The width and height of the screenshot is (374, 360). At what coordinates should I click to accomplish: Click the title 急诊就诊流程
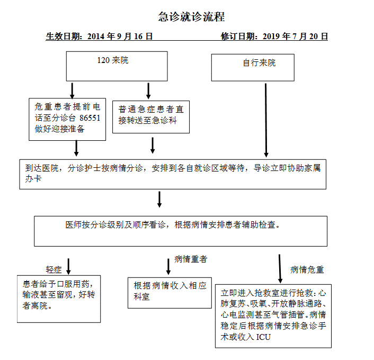pos(192,17)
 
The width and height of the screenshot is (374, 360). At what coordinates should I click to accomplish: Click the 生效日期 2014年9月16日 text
pos(99,36)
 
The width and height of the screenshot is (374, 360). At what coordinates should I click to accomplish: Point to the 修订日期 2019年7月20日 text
pos(274,36)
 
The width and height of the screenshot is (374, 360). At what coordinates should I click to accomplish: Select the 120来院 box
pos(117,66)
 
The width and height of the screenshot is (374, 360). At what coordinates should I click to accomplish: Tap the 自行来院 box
pos(253,68)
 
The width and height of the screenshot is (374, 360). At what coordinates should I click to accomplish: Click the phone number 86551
pos(90,118)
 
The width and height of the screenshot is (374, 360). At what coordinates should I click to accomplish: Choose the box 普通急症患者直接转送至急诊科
pos(151,117)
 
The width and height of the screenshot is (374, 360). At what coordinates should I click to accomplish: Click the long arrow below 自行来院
pos(266,120)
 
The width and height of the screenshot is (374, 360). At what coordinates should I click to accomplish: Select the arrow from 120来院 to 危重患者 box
pos(72,91)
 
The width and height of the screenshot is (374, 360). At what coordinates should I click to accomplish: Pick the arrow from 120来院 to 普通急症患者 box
pos(148,91)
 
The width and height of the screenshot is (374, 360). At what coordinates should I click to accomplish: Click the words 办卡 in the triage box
pos(33,178)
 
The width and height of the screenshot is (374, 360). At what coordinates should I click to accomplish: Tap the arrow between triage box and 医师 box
pos(159,199)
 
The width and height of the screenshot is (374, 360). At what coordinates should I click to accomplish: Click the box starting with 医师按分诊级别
pos(181,231)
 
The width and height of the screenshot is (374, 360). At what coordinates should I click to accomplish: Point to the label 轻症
pos(54,269)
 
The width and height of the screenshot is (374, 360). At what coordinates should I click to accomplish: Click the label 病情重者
pos(191,259)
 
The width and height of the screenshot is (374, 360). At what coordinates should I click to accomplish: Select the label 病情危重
pos(307,269)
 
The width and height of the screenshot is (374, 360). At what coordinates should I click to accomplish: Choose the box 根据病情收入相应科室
pos(170,293)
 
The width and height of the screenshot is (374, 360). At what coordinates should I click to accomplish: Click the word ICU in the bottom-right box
pos(263,337)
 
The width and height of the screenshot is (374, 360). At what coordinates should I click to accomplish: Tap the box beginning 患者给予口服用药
pos(59,299)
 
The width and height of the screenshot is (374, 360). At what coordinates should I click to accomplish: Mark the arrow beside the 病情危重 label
pos(280,269)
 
